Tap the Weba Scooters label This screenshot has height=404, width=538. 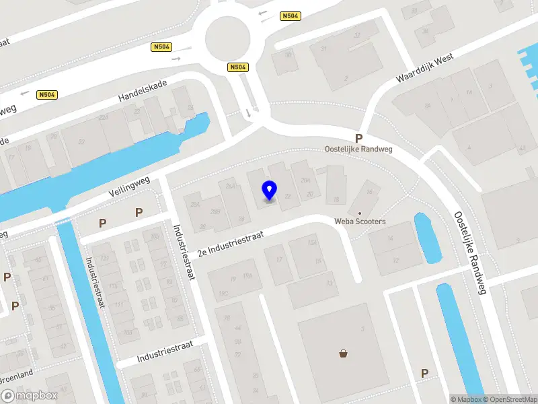point(360,222)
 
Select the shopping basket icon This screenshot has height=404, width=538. point(344,353)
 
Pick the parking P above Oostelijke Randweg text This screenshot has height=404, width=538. point(359,137)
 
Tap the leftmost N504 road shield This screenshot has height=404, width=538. point(46,95)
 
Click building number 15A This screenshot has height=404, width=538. point(311,243)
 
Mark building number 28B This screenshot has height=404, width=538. point(216,212)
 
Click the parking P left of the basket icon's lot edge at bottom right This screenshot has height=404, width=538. point(424,372)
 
